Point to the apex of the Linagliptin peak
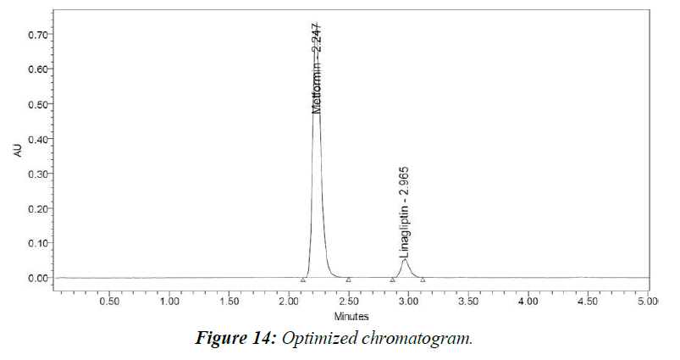click(406, 259)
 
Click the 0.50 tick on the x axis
click(110, 301)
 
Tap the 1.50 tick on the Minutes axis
click(229, 301)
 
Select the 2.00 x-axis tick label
click(290, 301)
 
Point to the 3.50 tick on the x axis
click(468, 301)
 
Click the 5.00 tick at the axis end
click(646, 301)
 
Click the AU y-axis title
click(18, 150)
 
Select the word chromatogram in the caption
click(423, 339)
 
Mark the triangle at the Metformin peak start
click(303, 279)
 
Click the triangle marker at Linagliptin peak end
click(423, 279)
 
